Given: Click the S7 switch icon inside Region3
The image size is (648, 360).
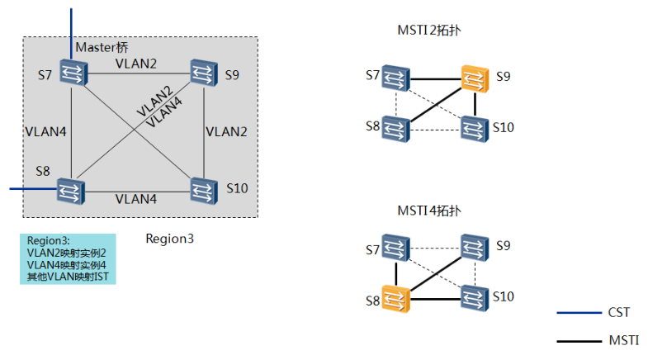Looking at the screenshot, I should coord(71,73).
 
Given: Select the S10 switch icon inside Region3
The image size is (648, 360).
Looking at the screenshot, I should coord(201,191).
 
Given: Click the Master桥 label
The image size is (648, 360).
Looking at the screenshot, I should coord(102,47).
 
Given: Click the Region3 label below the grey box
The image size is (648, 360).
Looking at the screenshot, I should coord(169,239).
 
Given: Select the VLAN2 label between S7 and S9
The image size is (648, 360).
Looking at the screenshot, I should coord(136,64).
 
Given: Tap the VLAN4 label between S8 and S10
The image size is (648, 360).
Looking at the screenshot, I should coord(136,199).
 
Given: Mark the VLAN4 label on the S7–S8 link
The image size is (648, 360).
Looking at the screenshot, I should coord(45,130).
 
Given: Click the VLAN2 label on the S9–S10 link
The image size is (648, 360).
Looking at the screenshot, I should coord(227,130).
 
